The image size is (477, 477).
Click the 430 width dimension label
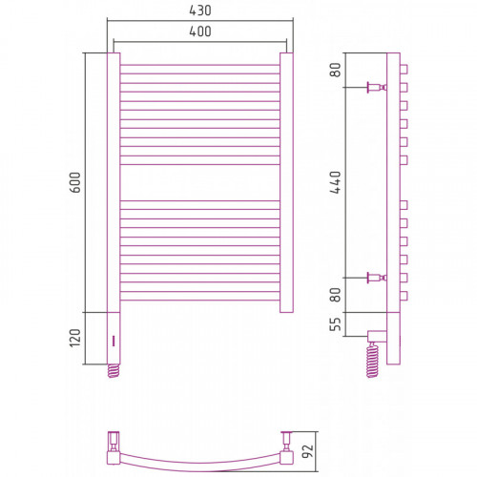200,10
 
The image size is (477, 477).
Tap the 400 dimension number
200,31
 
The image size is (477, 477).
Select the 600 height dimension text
75,182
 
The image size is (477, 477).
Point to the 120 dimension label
75,338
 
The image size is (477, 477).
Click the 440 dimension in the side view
335,182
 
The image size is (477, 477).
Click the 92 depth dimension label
307,451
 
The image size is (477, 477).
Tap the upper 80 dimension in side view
335,70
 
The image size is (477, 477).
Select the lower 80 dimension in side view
335,295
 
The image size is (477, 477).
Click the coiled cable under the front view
114,371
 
